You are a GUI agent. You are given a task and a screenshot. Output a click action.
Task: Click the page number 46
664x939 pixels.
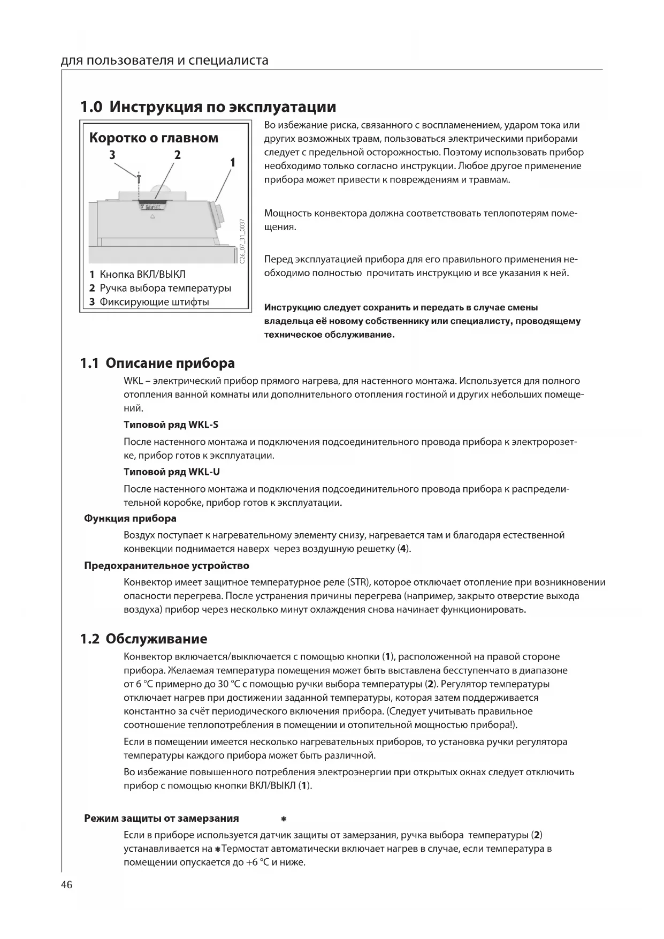[x=67, y=884]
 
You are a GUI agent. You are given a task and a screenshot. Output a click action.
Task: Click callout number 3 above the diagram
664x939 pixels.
[x=112, y=155]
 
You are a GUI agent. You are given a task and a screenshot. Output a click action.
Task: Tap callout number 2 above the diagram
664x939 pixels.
[x=177, y=155]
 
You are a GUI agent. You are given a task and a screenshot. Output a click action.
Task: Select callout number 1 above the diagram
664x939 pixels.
[x=232, y=162]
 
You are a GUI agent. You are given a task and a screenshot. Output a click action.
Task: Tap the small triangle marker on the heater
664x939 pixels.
[x=152, y=217]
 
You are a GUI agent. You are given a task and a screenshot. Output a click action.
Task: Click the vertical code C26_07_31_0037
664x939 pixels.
[x=242, y=240]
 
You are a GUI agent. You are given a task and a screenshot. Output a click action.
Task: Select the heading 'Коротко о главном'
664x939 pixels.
[x=154, y=138]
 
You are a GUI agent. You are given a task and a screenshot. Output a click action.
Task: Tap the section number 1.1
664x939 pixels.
[x=89, y=364]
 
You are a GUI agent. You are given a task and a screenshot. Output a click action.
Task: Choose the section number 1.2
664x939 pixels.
[x=89, y=639]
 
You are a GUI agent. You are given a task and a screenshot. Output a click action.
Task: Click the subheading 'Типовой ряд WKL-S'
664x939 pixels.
[x=171, y=425]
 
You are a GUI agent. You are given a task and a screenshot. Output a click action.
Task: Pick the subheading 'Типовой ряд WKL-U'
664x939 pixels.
[x=171, y=472]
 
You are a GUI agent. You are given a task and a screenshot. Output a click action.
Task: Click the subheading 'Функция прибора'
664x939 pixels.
[x=130, y=518]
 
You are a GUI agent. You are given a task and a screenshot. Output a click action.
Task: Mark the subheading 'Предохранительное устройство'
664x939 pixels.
[x=166, y=566]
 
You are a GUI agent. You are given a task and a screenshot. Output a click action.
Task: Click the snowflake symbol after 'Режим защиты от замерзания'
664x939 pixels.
[x=284, y=819]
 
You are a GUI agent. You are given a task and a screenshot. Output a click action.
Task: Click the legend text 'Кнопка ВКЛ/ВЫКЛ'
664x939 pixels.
[x=142, y=275]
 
